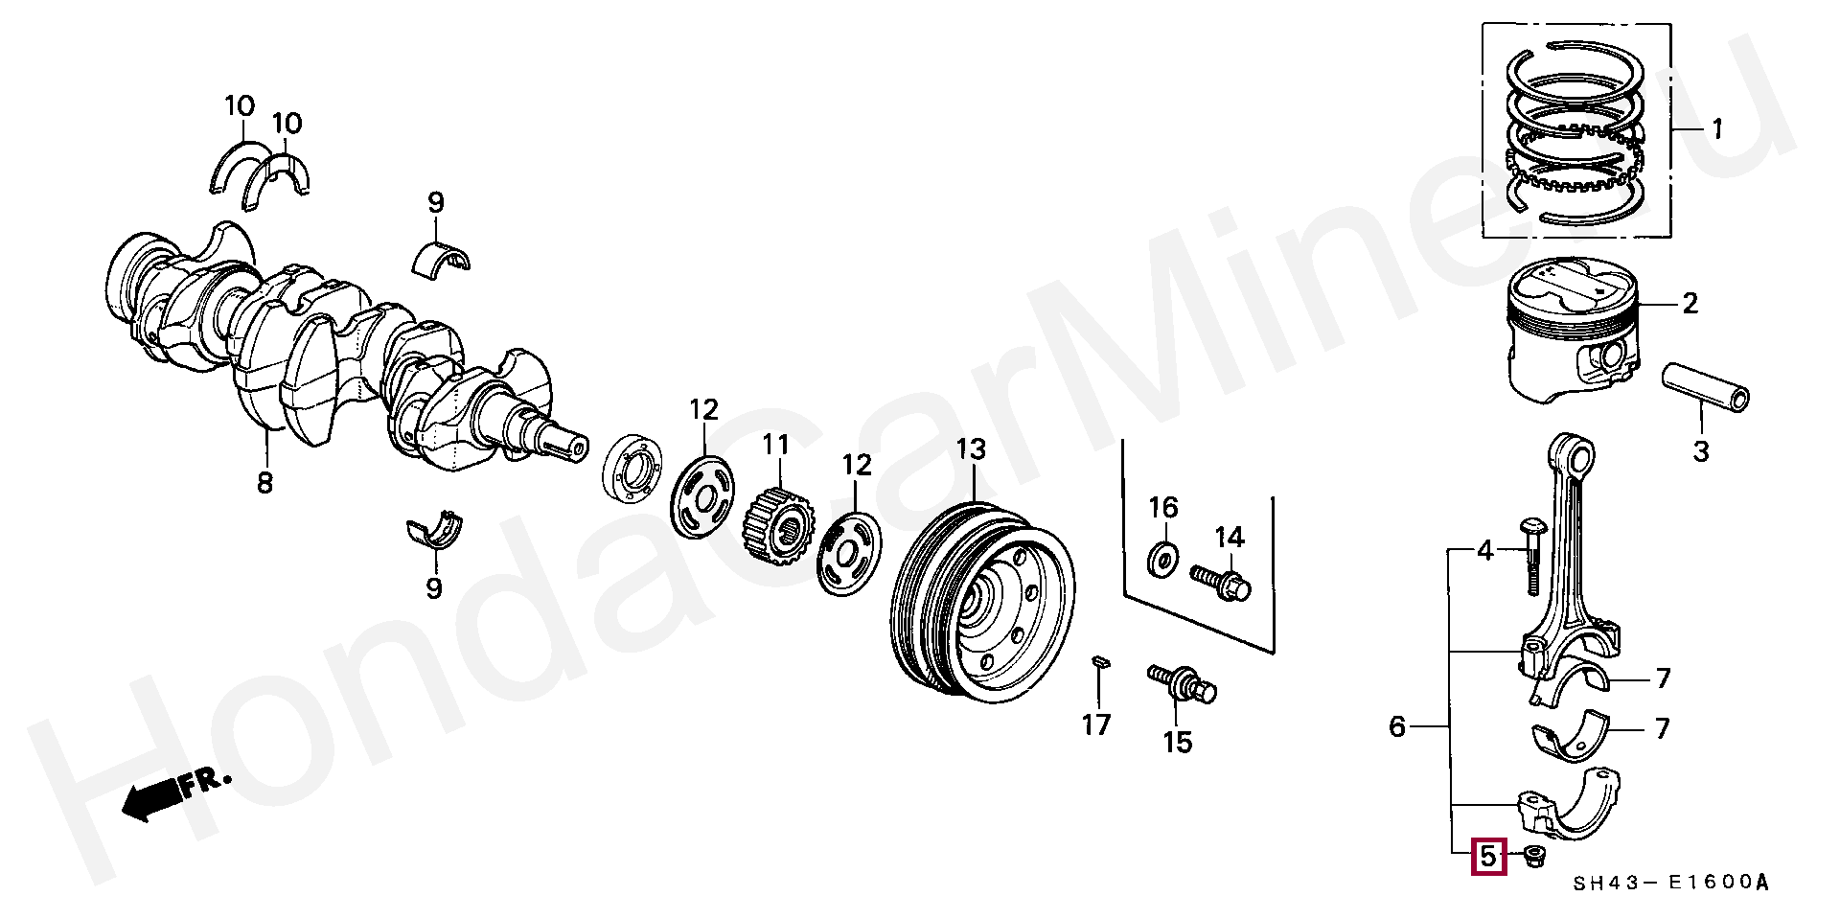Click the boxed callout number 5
click(x=1488, y=857)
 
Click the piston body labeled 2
click(x=1573, y=331)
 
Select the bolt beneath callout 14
click(x=1221, y=582)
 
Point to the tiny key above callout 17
click(x=1100, y=660)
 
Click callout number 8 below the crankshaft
click(x=264, y=482)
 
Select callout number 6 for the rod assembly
click(x=1396, y=727)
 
